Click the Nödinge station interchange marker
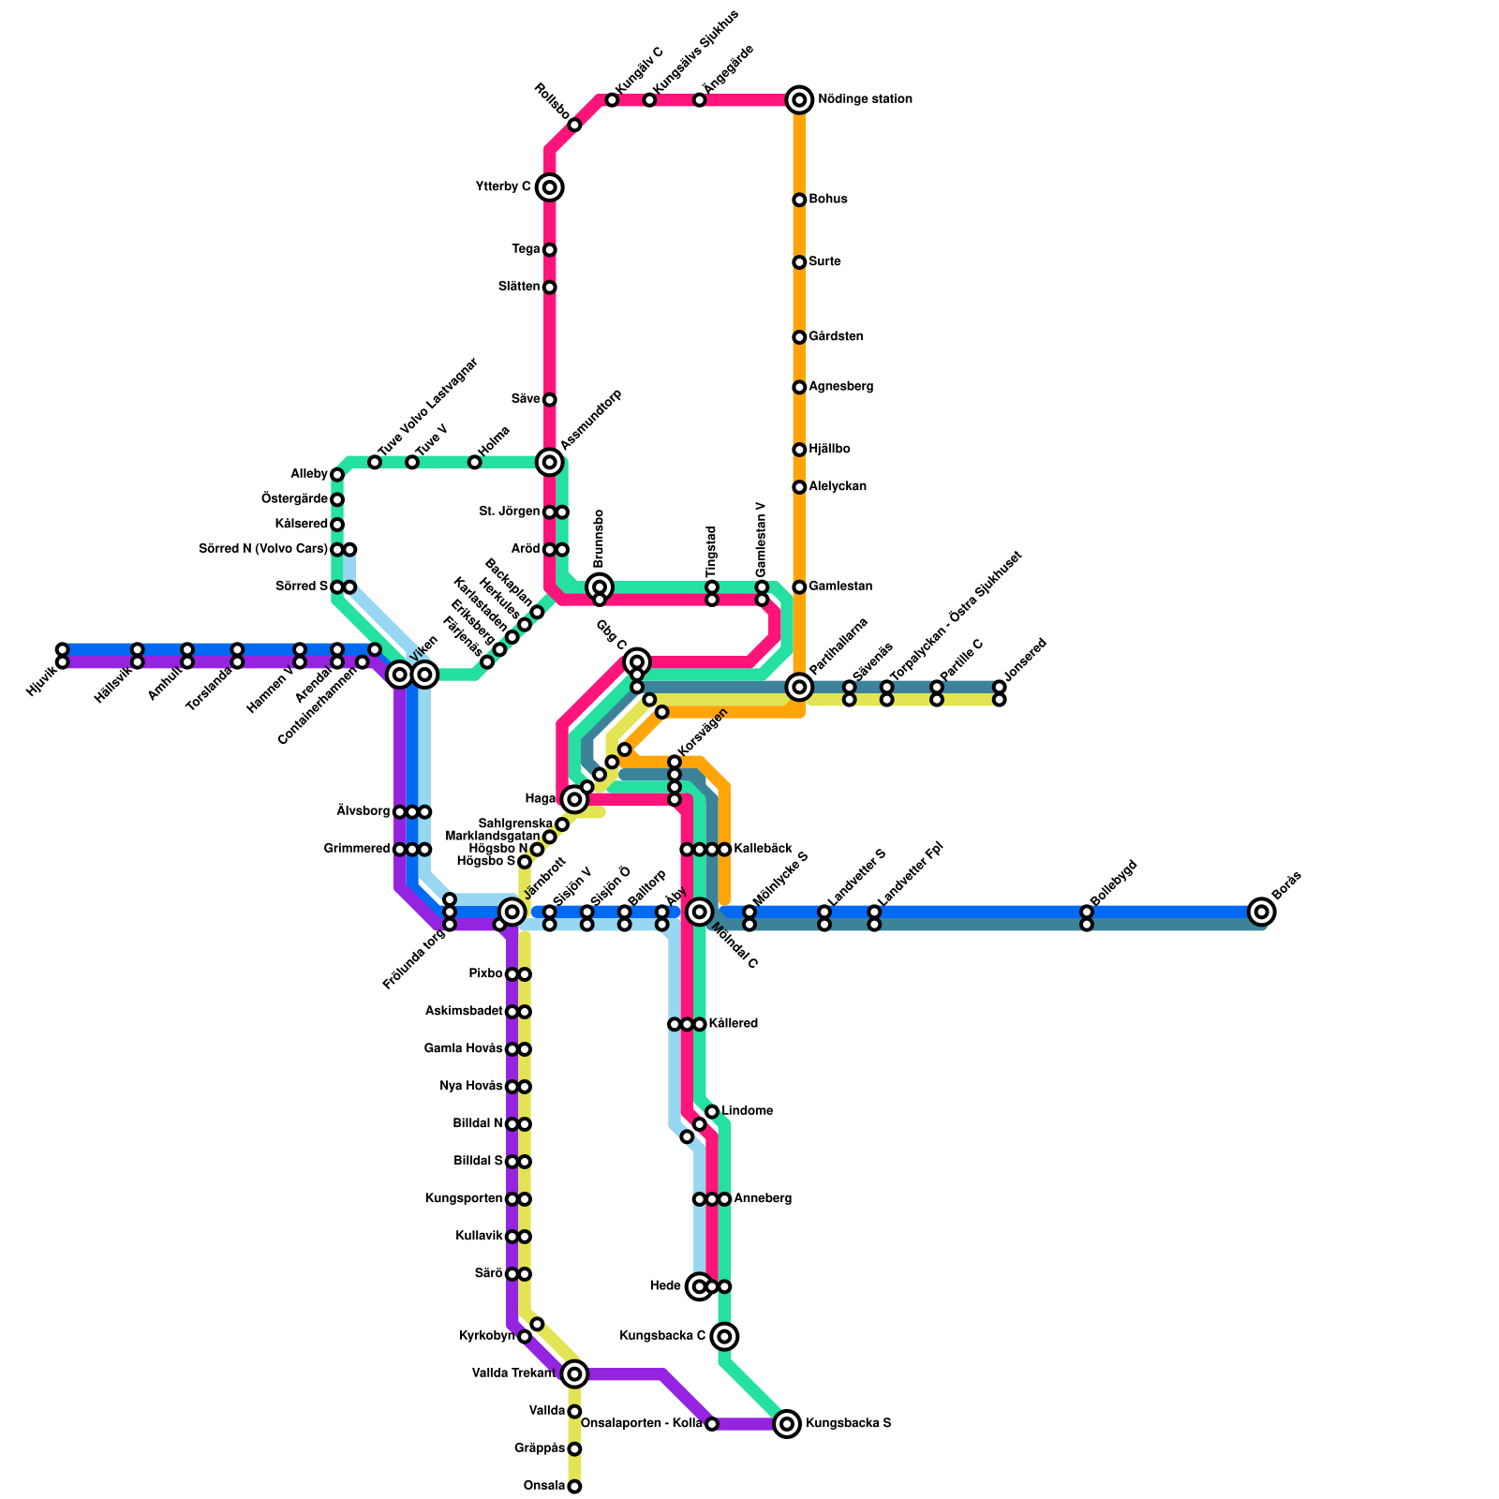coord(799,99)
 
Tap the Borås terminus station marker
coord(1262,912)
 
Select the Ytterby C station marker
coord(550,187)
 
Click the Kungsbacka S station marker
coord(787,1424)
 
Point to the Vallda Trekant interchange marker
coord(574,1374)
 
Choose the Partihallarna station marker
coord(799,687)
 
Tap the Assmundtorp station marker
coord(550,462)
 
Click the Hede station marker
coord(699,1286)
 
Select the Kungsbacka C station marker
coord(724,1336)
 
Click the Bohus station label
coord(828,200)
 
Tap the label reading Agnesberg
coord(840,387)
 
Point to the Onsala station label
coord(544,1486)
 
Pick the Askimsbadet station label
coord(464,1012)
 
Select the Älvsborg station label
coord(364,811)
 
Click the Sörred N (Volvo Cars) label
coord(263,549)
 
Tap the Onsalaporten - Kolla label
coord(642,1424)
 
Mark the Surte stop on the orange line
coord(799,262)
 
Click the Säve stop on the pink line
coord(550,400)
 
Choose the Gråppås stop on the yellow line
coord(574,1449)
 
